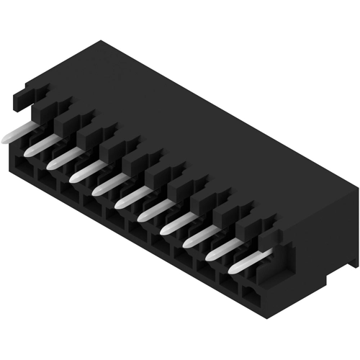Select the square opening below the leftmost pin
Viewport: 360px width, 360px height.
(22, 167)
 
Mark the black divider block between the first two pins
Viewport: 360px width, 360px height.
(43, 122)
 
